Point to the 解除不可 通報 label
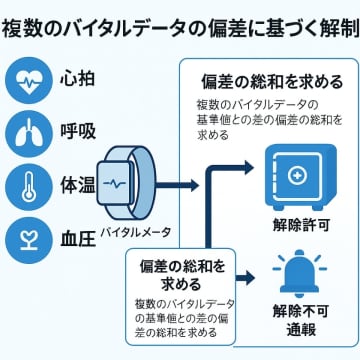(296, 319)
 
